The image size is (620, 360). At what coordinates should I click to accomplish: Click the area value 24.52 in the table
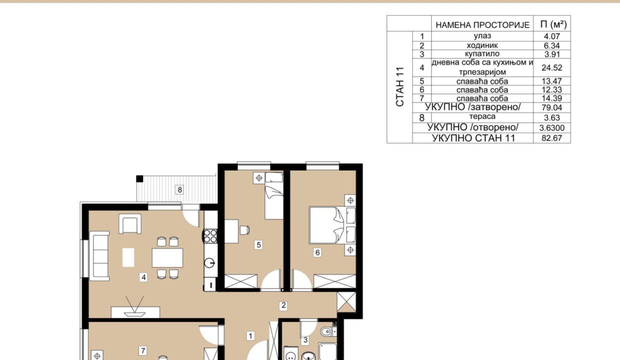click(x=551, y=68)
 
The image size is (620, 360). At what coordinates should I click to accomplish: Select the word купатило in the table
click(x=482, y=53)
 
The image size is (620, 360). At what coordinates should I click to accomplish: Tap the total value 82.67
click(x=551, y=138)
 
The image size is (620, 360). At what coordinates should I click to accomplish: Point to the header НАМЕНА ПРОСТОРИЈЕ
click(x=482, y=25)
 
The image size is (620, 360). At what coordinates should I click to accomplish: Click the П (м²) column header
click(x=553, y=24)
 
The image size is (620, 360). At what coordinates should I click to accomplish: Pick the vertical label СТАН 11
click(x=400, y=86)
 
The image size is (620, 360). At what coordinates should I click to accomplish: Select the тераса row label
click(x=482, y=116)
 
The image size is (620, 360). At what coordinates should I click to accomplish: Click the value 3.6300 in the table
click(x=551, y=128)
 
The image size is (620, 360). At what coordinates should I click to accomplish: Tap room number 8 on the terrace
click(x=180, y=190)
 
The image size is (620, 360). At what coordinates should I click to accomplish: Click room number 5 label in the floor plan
click(x=258, y=245)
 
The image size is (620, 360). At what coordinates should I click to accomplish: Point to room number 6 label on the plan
click(x=317, y=252)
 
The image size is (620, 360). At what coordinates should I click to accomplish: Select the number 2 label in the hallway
click(x=283, y=305)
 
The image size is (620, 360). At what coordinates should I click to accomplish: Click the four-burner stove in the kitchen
click(x=210, y=236)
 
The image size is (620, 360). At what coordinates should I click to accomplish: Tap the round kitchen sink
click(x=210, y=262)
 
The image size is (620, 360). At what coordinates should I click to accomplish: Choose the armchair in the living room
click(x=130, y=224)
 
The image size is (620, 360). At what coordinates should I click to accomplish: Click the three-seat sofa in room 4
click(x=99, y=256)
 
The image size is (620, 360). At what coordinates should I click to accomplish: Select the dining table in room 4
click(x=167, y=258)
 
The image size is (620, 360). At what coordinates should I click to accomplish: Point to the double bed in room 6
click(x=332, y=225)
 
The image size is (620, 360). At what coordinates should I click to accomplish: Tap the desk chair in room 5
click(x=244, y=230)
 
